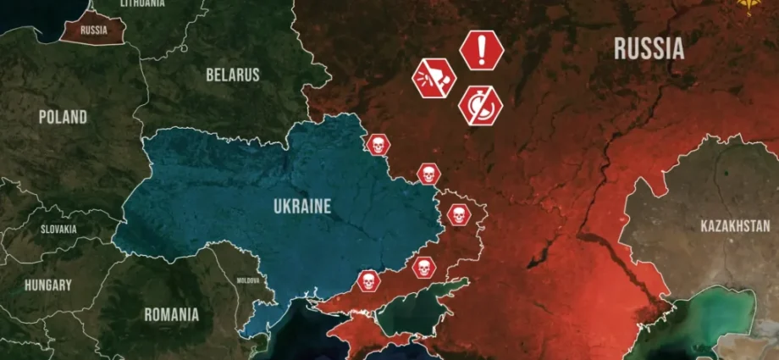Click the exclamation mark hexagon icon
pyautogui.click(x=482, y=49)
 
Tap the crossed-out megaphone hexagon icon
pyautogui.click(x=434, y=80)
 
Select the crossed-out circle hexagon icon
pyautogui.click(x=480, y=107)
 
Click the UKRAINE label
pyautogui.click(x=302, y=205)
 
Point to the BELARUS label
pyautogui.click(x=232, y=75)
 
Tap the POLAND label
pyautogui.click(x=63, y=117)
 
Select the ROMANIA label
pyautogui.click(x=171, y=315)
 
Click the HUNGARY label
pyautogui.click(x=47, y=285)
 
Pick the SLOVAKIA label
pyautogui.click(x=58, y=230)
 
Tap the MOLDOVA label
pyautogui.click(x=248, y=280)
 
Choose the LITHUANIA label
pyautogui.click(x=142, y=4)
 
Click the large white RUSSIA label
pyautogui.click(x=649, y=49)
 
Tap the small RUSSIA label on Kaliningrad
pyautogui.click(x=93, y=30)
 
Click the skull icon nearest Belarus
pyautogui.click(x=378, y=144)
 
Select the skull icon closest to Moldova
pyautogui.click(x=367, y=280)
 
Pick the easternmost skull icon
pyautogui.click(x=458, y=214)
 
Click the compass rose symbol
pyautogui.click(x=748, y=8)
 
